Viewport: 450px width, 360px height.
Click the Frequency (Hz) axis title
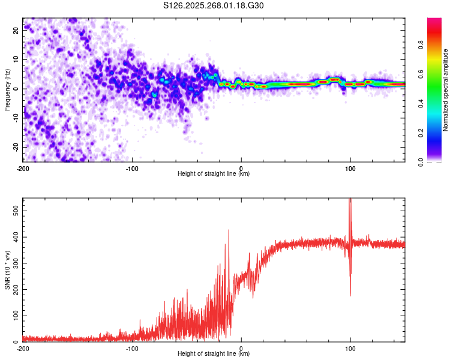[x=7, y=89]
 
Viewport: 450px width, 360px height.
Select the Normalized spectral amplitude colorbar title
[x=445, y=89]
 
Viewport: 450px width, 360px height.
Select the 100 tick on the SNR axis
[x=14, y=315]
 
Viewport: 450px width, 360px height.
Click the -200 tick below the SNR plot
[x=23, y=348]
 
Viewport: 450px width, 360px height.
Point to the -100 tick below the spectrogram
[x=132, y=168]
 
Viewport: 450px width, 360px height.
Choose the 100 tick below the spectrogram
[x=350, y=168]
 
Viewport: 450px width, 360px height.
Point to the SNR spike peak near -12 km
[x=228, y=230]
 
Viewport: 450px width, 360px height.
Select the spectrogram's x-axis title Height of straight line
[x=214, y=174]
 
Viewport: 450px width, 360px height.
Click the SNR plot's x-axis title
[x=214, y=354]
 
